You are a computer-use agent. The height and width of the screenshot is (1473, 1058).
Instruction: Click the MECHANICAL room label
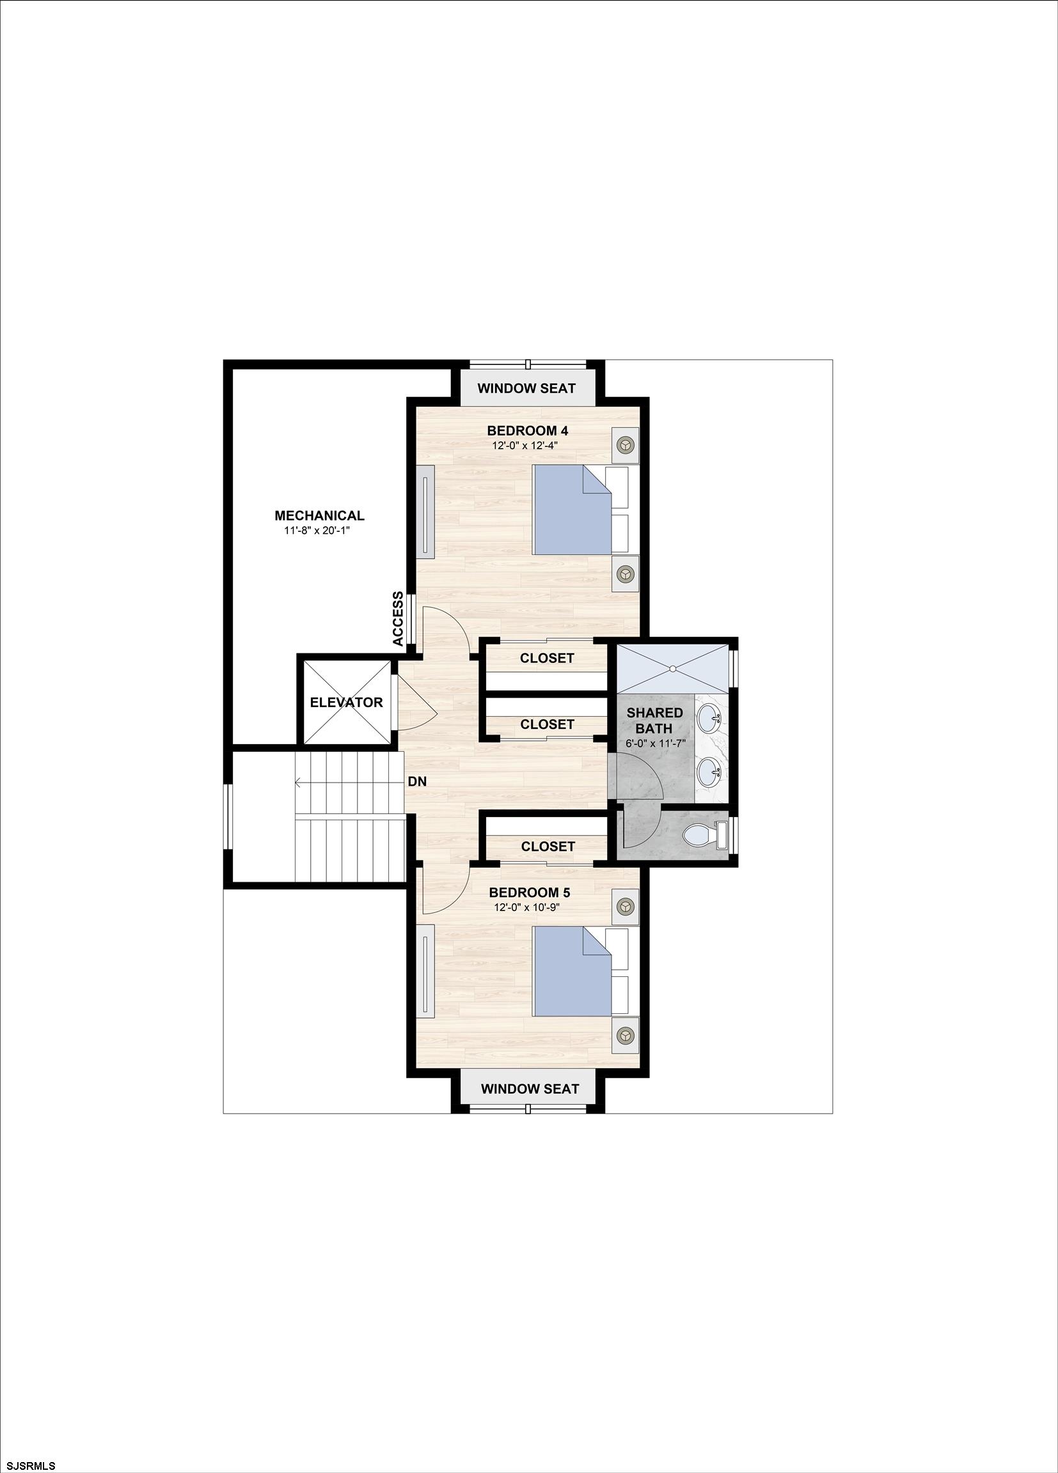[x=319, y=516]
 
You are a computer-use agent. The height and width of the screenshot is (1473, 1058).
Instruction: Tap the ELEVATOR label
[x=345, y=702]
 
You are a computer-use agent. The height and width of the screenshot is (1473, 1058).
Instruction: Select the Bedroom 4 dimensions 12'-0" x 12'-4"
[x=525, y=446]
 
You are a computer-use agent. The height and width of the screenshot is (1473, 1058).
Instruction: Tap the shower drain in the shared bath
[x=674, y=667]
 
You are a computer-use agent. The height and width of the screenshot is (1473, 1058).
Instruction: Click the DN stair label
[x=417, y=782]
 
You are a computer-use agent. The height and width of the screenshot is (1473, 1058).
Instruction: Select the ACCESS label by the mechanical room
[x=399, y=618]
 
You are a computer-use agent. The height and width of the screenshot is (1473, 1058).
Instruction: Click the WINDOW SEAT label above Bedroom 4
[x=526, y=388]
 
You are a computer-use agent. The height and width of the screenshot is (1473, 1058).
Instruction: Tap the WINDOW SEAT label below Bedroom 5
[x=530, y=1089]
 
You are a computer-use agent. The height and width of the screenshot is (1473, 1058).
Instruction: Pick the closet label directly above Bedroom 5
[x=548, y=846]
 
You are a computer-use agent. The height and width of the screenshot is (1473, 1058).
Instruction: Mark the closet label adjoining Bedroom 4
[x=546, y=658]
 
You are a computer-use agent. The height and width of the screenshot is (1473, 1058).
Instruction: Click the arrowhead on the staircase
[x=297, y=783]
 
